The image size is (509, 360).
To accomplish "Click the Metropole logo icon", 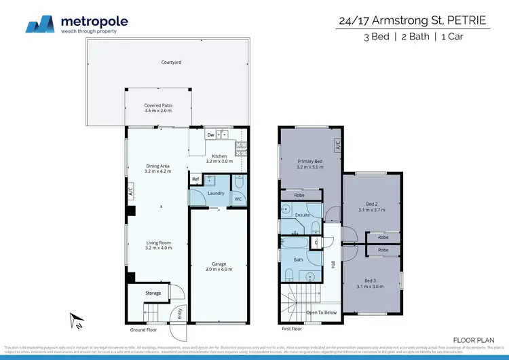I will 41,24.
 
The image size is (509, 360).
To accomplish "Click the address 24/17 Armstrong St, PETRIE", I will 412,20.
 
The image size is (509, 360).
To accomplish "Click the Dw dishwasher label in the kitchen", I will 211,134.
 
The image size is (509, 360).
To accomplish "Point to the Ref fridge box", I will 195,179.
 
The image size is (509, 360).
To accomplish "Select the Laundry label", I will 216,193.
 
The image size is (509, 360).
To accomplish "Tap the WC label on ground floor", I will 238,199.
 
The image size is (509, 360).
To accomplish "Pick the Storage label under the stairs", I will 153,293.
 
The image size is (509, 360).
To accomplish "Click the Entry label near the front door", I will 180,313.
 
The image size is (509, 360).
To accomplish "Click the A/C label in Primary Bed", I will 337,145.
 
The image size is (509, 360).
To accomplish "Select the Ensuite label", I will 302,215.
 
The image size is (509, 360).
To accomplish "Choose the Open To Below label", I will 322,312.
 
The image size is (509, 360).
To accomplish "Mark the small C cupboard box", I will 316,242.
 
